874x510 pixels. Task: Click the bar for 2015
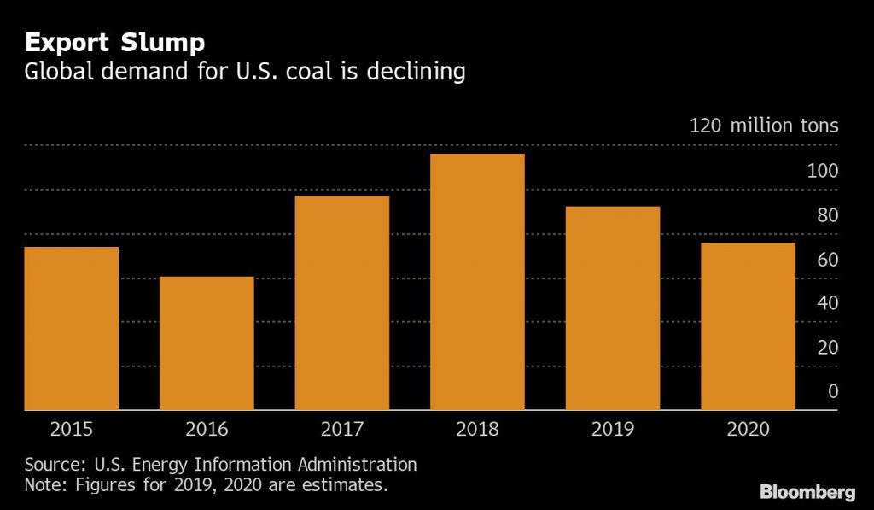point(71,328)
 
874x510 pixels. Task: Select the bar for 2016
point(207,343)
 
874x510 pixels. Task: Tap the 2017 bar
point(341,302)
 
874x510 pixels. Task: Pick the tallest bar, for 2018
point(477,282)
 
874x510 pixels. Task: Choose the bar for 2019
point(613,308)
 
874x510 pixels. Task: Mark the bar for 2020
point(748,326)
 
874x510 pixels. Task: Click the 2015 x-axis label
point(71,429)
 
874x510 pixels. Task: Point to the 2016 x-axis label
point(207,429)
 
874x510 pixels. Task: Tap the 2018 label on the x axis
point(477,429)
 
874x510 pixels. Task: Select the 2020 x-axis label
point(748,429)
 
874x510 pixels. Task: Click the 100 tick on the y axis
point(823,171)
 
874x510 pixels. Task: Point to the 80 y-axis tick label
point(827,215)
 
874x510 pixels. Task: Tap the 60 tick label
point(827,260)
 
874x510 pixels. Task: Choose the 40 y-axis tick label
point(827,303)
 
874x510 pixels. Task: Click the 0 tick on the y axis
point(832,391)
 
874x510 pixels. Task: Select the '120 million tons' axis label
point(764,126)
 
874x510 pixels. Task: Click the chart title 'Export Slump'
point(114,42)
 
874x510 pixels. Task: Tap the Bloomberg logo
point(807,492)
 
